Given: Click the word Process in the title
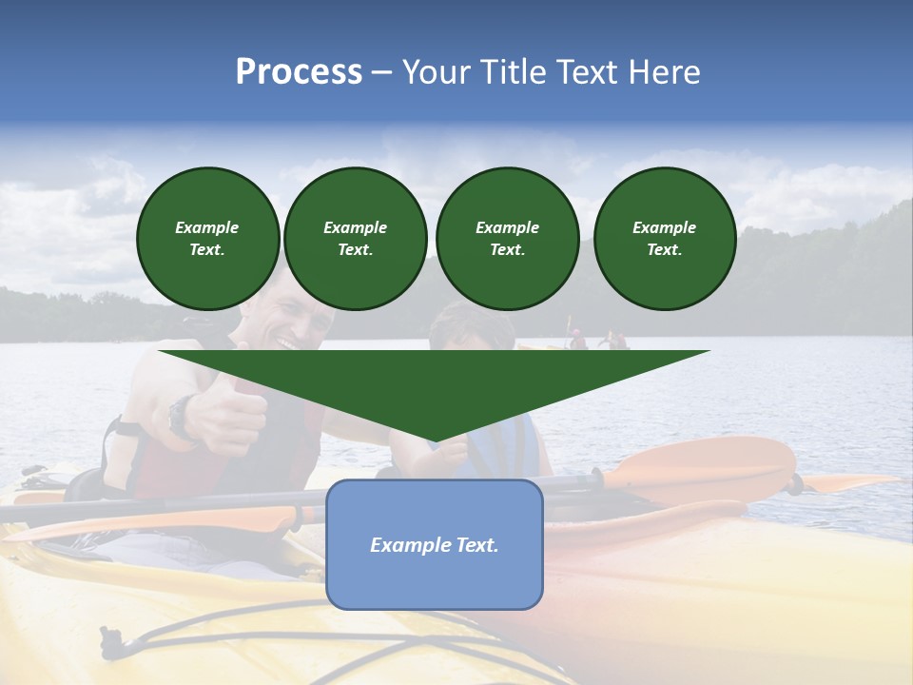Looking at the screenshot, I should click(x=299, y=72).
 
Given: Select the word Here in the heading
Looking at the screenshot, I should click(x=661, y=72).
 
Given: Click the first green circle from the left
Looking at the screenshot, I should click(x=207, y=238).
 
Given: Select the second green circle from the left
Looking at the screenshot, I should click(x=355, y=238).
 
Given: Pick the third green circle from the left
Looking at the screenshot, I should click(x=507, y=238).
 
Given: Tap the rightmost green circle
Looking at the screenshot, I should click(x=664, y=238).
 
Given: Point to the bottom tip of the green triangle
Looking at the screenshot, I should click(x=435, y=441).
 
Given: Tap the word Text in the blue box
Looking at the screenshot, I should click(x=476, y=545).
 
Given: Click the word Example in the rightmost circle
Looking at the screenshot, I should click(x=664, y=227).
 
